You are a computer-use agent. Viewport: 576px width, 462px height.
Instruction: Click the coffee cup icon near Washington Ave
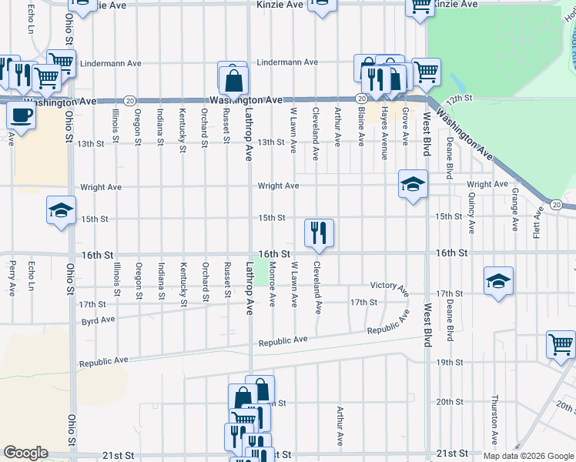(22, 115)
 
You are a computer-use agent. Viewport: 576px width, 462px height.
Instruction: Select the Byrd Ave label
(98, 319)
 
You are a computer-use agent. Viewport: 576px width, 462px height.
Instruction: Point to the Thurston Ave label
(495, 420)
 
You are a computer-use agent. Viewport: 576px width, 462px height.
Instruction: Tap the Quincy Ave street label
(471, 213)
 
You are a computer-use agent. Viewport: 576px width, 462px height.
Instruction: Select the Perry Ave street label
(12, 279)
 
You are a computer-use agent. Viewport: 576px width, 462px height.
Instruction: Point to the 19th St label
(449, 362)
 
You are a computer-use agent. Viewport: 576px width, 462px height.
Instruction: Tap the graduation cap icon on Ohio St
(61, 210)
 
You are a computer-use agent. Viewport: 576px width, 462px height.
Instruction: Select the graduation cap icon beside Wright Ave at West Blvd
(413, 183)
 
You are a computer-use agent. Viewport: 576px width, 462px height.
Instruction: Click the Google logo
(25, 453)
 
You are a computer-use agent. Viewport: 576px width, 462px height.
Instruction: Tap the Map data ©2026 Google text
(529, 456)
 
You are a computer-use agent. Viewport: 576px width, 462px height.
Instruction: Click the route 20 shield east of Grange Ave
(556, 204)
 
